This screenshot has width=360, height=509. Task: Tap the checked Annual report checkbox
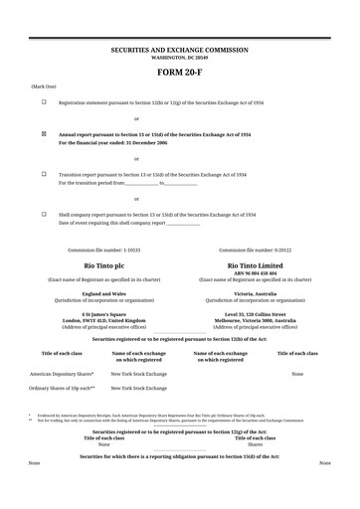coord(44,132)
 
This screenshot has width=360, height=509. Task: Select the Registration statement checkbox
coord(44,101)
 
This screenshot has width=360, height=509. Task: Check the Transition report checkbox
coord(44,173)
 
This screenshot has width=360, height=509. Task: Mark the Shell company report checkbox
coord(44,214)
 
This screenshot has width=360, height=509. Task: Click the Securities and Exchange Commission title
coord(179,50)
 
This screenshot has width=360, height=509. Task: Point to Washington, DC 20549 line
coord(179,57)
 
